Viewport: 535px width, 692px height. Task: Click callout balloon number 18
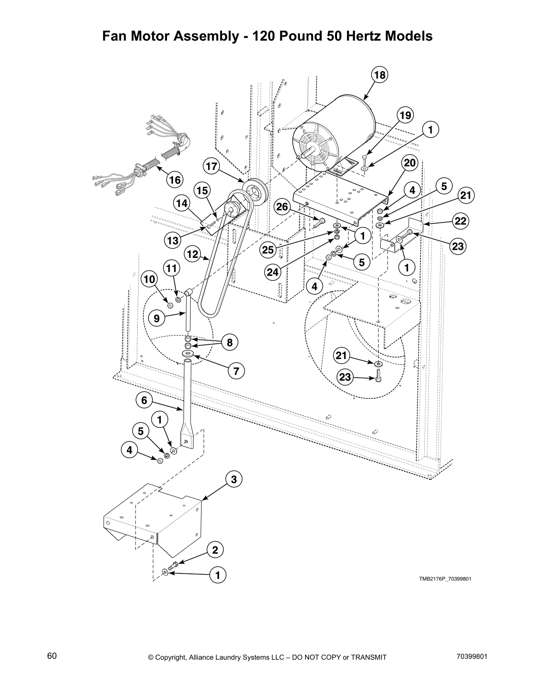(x=379, y=75)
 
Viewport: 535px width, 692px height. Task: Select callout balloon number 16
(x=174, y=180)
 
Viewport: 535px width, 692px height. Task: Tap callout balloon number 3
(x=234, y=480)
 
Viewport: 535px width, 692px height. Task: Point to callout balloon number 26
(x=282, y=206)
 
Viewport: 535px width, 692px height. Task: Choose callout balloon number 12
(x=193, y=254)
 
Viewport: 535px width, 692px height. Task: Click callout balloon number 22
(x=461, y=221)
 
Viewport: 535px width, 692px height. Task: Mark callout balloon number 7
(x=236, y=371)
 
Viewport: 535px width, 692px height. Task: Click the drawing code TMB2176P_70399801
(x=445, y=579)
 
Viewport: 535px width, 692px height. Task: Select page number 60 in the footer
(x=52, y=656)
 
